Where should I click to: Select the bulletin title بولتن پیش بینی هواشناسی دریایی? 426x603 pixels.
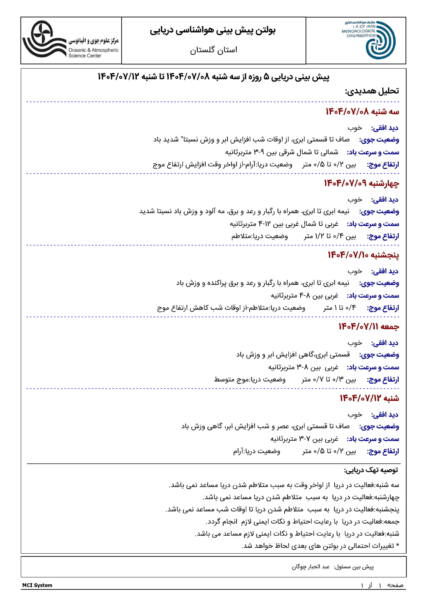213,30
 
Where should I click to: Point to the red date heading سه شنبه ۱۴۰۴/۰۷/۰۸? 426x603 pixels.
362,112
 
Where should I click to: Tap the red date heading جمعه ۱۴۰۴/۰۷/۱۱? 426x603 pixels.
369,326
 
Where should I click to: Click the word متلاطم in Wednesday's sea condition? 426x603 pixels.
241,236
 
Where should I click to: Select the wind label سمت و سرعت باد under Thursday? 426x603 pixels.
373,296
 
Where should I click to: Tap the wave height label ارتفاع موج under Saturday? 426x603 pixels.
383,451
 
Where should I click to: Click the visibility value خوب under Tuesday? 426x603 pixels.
355,128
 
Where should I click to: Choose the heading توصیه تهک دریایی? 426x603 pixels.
371,470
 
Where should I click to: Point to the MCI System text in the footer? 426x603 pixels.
37,585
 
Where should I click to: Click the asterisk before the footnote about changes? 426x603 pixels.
397,546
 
